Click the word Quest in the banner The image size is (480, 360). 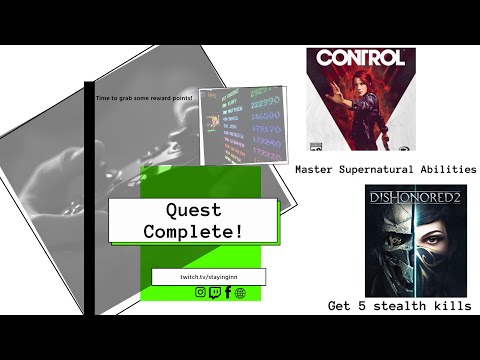pyautogui.click(x=191, y=210)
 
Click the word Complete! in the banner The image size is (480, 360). pyautogui.click(x=192, y=232)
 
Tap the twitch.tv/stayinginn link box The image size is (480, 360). pyautogui.click(x=208, y=276)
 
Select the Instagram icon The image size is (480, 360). pyautogui.click(x=200, y=292)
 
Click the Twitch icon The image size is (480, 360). pyautogui.click(x=214, y=292)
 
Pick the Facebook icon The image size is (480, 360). pyautogui.click(x=227, y=292)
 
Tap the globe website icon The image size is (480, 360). pyautogui.click(x=240, y=292)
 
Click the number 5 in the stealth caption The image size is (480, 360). pyautogui.click(x=363, y=306)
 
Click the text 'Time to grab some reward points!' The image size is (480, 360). pyautogui.click(x=144, y=98)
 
